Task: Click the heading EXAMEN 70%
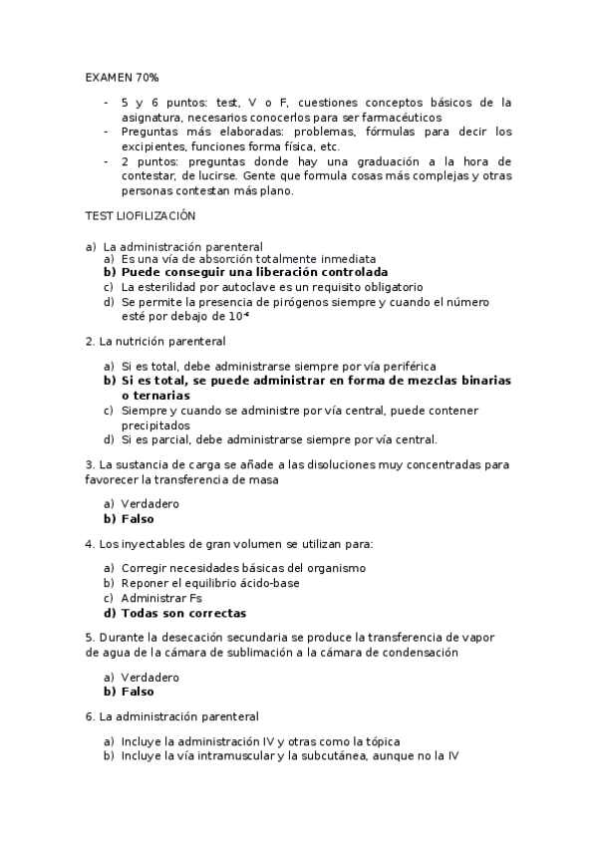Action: pos(122,77)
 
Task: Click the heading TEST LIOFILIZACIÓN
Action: pos(141,215)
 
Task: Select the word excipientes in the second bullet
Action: pos(150,146)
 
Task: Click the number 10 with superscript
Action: pos(237,317)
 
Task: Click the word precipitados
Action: pos(158,424)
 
